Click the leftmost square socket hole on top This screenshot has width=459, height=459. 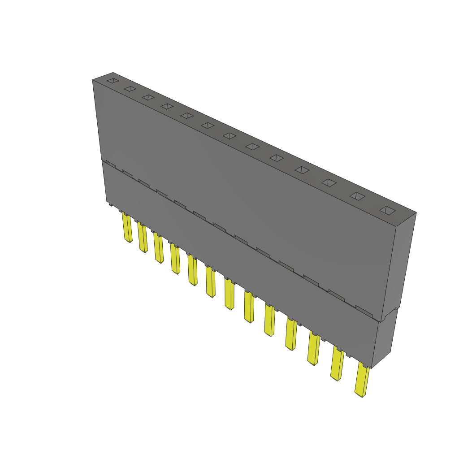pos(113,81)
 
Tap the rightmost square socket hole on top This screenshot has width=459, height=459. pos(388,210)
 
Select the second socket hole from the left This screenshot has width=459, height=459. pos(130,89)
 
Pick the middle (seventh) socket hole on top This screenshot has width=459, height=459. pos(229,135)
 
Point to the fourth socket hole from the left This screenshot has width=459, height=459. pos(167,106)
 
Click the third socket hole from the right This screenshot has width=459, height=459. pos(329,182)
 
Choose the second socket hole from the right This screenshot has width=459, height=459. pos(357,196)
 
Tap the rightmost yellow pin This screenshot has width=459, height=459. pos(361,380)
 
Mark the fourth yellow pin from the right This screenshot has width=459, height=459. pos(290,334)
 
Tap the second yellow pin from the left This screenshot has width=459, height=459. pos(143,238)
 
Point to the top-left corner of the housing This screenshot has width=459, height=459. pos(93,80)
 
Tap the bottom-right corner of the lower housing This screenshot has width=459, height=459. pos(372,368)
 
